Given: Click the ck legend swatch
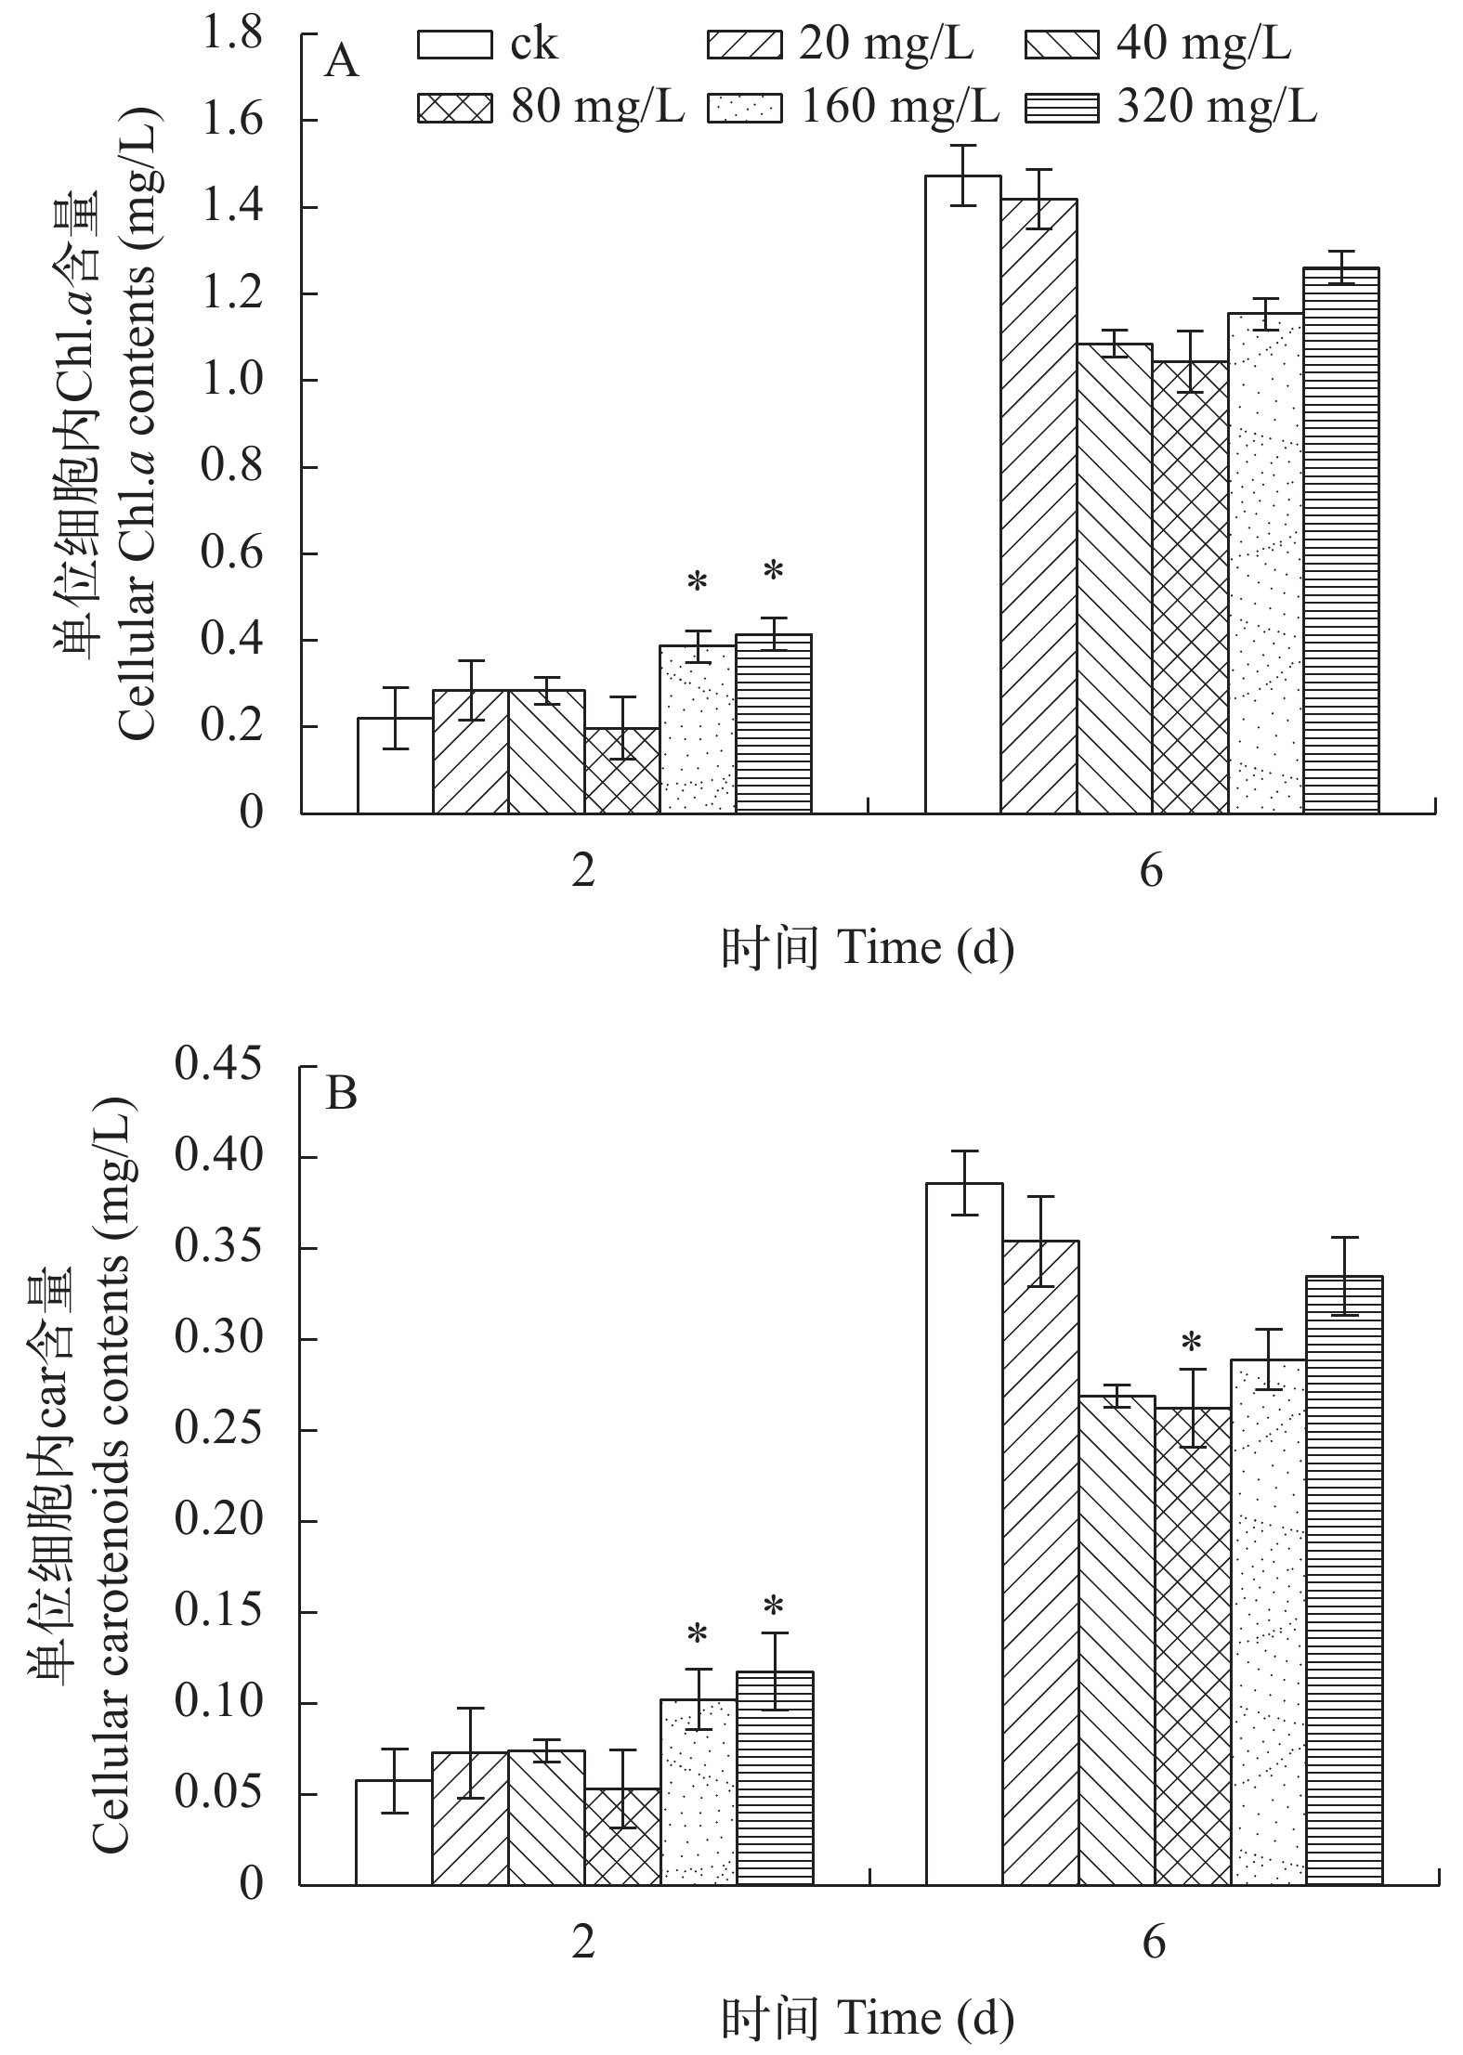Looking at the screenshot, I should click(455, 46).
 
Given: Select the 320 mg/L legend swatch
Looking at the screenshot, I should click(1062, 109).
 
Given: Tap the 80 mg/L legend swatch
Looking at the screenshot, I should click(455, 109).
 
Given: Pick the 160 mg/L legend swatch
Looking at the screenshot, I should click(744, 109).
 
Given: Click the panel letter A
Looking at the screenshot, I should click(342, 64).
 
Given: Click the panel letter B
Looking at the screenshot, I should click(342, 1094).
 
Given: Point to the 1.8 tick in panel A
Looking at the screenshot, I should click(231, 35).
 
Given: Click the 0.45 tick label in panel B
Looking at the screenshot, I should click(219, 1066).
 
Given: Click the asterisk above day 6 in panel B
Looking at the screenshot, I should click(1191, 1343).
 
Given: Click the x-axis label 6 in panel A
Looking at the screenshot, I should click(1151, 872).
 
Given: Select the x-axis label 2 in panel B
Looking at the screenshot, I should click(582, 1942).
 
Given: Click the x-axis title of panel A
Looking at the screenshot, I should click(868, 948).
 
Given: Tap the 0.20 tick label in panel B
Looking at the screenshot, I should click(219, 1520).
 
